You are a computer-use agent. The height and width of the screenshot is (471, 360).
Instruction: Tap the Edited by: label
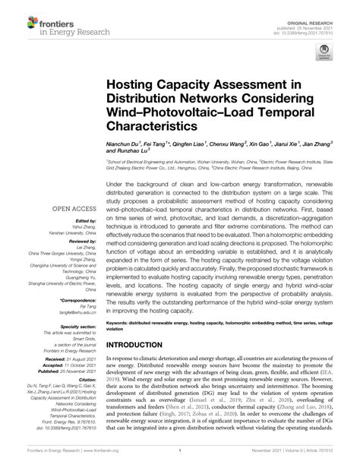86,220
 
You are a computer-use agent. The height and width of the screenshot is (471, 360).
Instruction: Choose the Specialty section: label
78,326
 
